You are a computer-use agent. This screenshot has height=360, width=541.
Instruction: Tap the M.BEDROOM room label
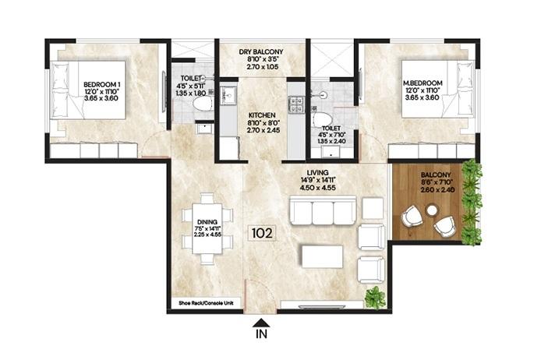tap(423, 83)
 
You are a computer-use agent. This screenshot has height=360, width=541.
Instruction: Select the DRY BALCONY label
tap(261, 51)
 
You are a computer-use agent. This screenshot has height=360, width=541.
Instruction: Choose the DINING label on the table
tap(206, 221)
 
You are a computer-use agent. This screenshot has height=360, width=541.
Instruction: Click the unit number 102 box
tap(261, 233)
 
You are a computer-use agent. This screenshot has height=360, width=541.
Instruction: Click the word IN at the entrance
tap(262, 337)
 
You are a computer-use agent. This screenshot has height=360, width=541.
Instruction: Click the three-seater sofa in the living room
tap(323, 211)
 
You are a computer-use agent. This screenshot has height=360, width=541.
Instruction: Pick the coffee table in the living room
tap(323, 256)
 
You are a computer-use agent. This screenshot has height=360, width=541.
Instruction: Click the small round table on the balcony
tap(431, 210)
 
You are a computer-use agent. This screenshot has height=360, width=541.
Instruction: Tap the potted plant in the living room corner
tap(376, 297)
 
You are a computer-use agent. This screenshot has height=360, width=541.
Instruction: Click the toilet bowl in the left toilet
tap(201, 103)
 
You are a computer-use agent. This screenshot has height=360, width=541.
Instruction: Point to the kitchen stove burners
tap(296, 103)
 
